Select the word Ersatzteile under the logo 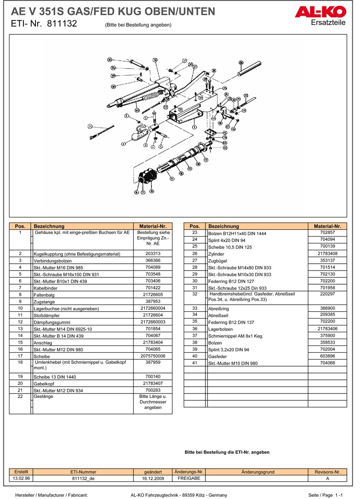coord(328,23)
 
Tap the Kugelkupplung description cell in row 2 coord(77,254)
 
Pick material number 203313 coord(153,253)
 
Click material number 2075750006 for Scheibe coord(153,356)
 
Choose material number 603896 coord(327,356)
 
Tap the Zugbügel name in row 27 coord(217,261)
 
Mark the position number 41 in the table coord(194,363)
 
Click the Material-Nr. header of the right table coord(327,226)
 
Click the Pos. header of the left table coord(20,226)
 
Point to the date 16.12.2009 coord(153,478)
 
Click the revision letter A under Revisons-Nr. coord(327,478)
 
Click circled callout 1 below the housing coord(194,127)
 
